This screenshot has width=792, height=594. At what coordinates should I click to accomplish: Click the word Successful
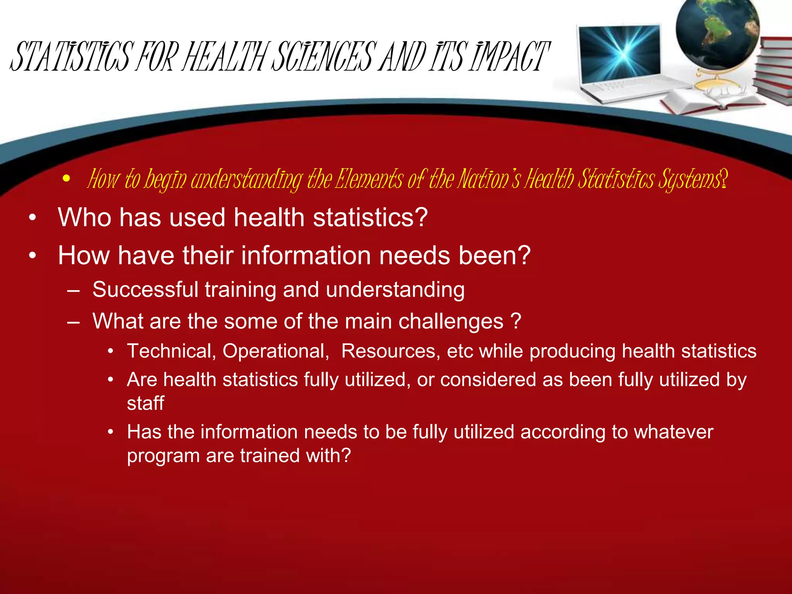pyautogui.click(x=145, y=290)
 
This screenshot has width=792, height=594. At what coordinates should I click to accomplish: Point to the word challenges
pyautogui.click(x=451, y=321)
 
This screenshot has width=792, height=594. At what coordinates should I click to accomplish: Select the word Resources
pyautogui.click(x=391, y=351)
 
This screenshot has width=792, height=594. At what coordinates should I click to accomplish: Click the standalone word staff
pyautogui.click(x=145, y=403)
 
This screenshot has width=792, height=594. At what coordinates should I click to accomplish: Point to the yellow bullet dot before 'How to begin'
pyautogui.click(x=67, y=179)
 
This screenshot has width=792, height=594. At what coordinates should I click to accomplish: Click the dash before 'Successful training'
pyautogui.click(x=73, y=290)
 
